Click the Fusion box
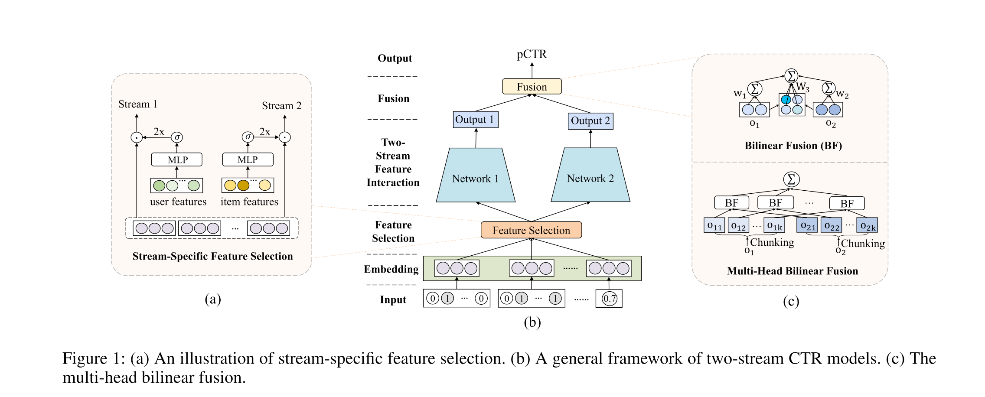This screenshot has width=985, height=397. tap(532, 87)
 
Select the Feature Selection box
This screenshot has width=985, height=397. tap(531, 230)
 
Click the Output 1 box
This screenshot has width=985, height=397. tap(476, 120)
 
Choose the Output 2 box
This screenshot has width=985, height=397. tap(590, 121)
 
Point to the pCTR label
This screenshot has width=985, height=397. tap(532, 54)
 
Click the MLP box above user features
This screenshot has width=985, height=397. tap(176, 159)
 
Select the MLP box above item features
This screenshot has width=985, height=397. tap(248, 159)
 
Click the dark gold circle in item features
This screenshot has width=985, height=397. tap(243, 185)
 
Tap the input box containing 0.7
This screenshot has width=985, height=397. tap(609, 299)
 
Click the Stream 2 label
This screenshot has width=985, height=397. tap(281, 106)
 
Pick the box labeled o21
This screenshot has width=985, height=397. tap(807, 225)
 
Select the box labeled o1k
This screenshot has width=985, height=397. tap(774, 225)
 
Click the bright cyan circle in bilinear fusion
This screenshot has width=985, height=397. tap(786, 100)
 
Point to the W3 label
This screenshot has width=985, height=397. tap(803, 87)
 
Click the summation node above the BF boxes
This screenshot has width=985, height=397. tap(791, 179)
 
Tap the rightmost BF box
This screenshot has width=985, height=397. tap(846, 203)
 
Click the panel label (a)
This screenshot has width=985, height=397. tap(212, 299)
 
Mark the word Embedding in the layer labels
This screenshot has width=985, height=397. tap(391, 269)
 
